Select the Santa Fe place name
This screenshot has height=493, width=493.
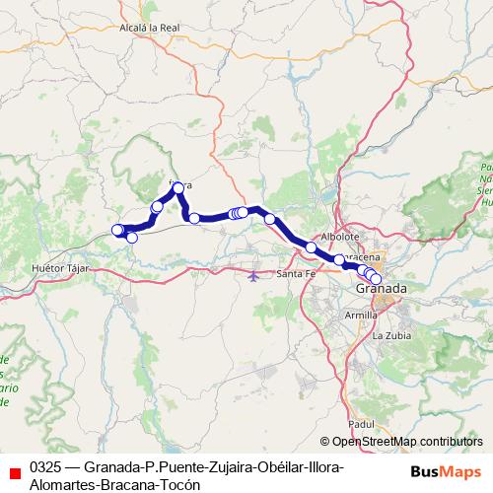[x=296, y=273]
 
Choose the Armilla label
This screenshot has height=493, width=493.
[x=361, y=314]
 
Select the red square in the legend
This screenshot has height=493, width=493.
[x=13, y=472]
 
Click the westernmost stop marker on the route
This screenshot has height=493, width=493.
[x=117, y=231]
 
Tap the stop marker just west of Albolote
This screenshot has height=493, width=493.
[x=312, y=247]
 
